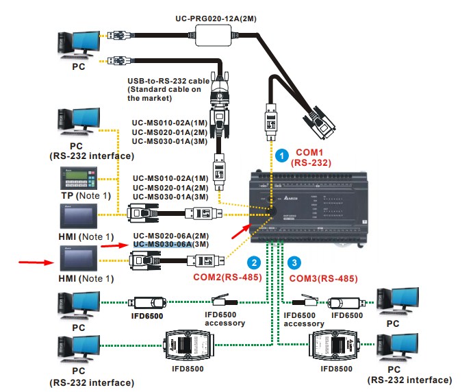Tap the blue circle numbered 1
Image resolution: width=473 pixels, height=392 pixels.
[282, 156]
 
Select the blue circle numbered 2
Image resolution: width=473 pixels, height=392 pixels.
[254, 262]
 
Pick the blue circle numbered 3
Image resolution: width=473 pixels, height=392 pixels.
[294, 262]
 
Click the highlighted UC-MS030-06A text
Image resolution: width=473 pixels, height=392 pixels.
[162, 244]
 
